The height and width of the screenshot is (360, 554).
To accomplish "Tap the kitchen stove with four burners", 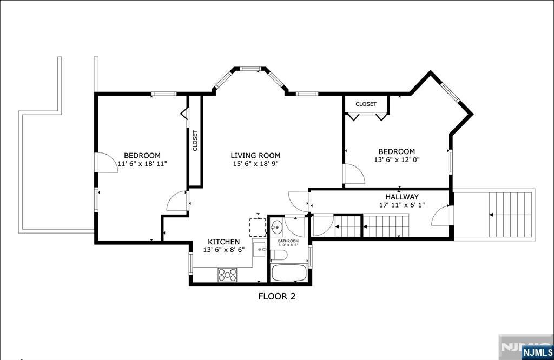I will (228, 275).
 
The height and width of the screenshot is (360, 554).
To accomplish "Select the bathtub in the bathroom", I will (289, 272).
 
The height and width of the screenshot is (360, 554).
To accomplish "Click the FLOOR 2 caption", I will (276, 296).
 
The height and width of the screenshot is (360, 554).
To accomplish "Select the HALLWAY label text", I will (401, 197).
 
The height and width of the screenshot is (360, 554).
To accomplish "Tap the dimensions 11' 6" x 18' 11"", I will (142, 164).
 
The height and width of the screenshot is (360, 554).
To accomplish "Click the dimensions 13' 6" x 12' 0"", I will (397, 160).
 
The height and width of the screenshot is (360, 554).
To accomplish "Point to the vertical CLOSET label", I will (195, 141).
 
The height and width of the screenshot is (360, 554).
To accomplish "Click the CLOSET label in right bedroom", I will (366, 104).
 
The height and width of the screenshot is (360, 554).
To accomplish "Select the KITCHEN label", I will (224, 242).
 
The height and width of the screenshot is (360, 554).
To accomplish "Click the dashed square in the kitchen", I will (258, 227).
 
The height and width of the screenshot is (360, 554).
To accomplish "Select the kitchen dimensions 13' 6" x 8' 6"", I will (224, 250).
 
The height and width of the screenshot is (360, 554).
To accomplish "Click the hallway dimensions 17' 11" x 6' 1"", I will (401, 205).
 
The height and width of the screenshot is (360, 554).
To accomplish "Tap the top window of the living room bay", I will (251, 69).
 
